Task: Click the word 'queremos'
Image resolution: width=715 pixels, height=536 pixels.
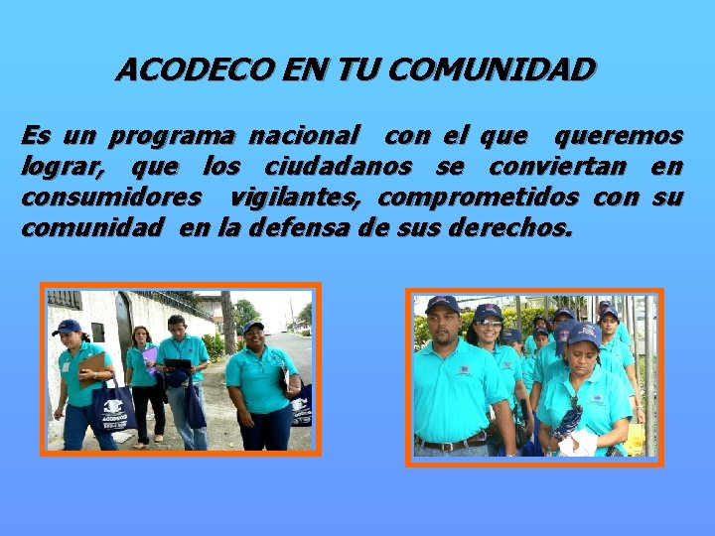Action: click(x=618, y=134)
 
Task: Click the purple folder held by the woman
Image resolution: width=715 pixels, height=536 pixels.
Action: click(x=150, y=356)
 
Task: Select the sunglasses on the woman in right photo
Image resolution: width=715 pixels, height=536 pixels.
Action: click(x=488, y=324)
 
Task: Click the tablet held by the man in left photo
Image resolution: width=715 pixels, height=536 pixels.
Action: click(x=179, y=365)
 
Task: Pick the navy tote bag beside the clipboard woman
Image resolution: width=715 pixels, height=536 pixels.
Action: click(x=113, y=408)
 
